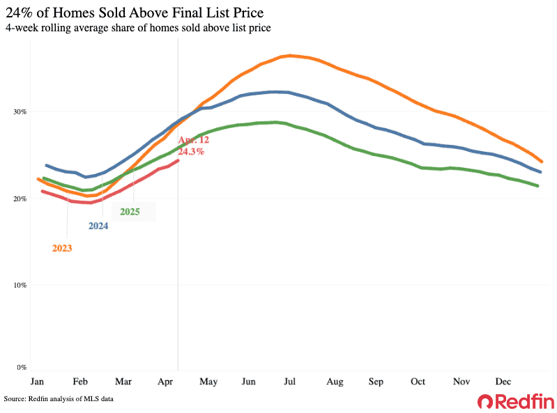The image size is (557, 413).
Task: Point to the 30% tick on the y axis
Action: pos(19,111)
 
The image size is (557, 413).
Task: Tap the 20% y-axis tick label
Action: pos(19,198)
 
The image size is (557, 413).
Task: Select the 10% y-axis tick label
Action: pos(19,285)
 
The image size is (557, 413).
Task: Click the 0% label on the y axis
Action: pos(21,367)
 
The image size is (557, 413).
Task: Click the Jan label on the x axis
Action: pos(38,382)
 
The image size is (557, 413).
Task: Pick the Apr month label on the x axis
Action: pos(165,382)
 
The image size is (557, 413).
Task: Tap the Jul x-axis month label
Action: pos(290,382)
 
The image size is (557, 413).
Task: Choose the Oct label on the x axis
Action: pos(418,382)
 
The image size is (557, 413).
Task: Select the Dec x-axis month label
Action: pos(503,382)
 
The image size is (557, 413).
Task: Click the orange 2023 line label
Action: pos(62,247)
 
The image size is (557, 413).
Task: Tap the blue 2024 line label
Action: pos(98,226)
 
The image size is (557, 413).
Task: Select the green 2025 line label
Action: pos(130,212)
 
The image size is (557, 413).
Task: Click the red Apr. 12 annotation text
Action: pos(194,140)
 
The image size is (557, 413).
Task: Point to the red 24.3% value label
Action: pos(191,151)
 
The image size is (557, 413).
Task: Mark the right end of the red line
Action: pos(178,160)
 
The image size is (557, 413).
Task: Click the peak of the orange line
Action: pos(289,55)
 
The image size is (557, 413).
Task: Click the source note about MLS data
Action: pos(58,399)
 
